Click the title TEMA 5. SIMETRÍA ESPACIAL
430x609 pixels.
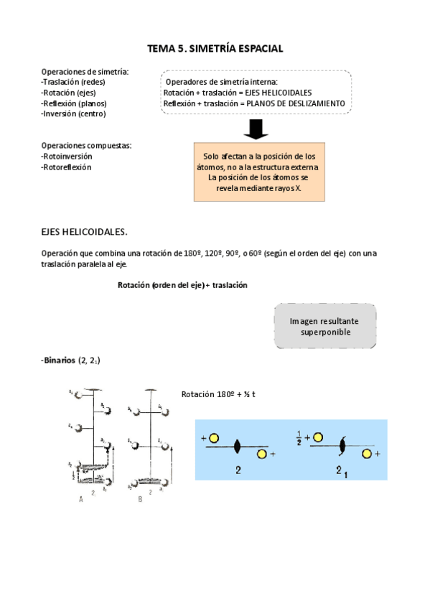tap(215, 48)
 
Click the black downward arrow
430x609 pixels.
tap(256, 129)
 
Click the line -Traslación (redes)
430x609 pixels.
tap(73, 82)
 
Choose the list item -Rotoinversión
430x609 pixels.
tap(67, 156)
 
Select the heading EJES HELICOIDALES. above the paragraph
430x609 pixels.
tap(84, 231)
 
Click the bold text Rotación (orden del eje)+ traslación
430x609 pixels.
tap(182, 285)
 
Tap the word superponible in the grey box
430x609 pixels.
tap(325, 333)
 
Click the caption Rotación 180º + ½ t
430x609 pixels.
tap(220, 394)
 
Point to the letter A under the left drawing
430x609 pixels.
tap(81, 501)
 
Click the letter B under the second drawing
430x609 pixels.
tap(141, 501)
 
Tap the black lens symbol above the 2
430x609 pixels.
tap(238, 446)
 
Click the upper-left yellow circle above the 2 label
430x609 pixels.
tap(214, 437)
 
